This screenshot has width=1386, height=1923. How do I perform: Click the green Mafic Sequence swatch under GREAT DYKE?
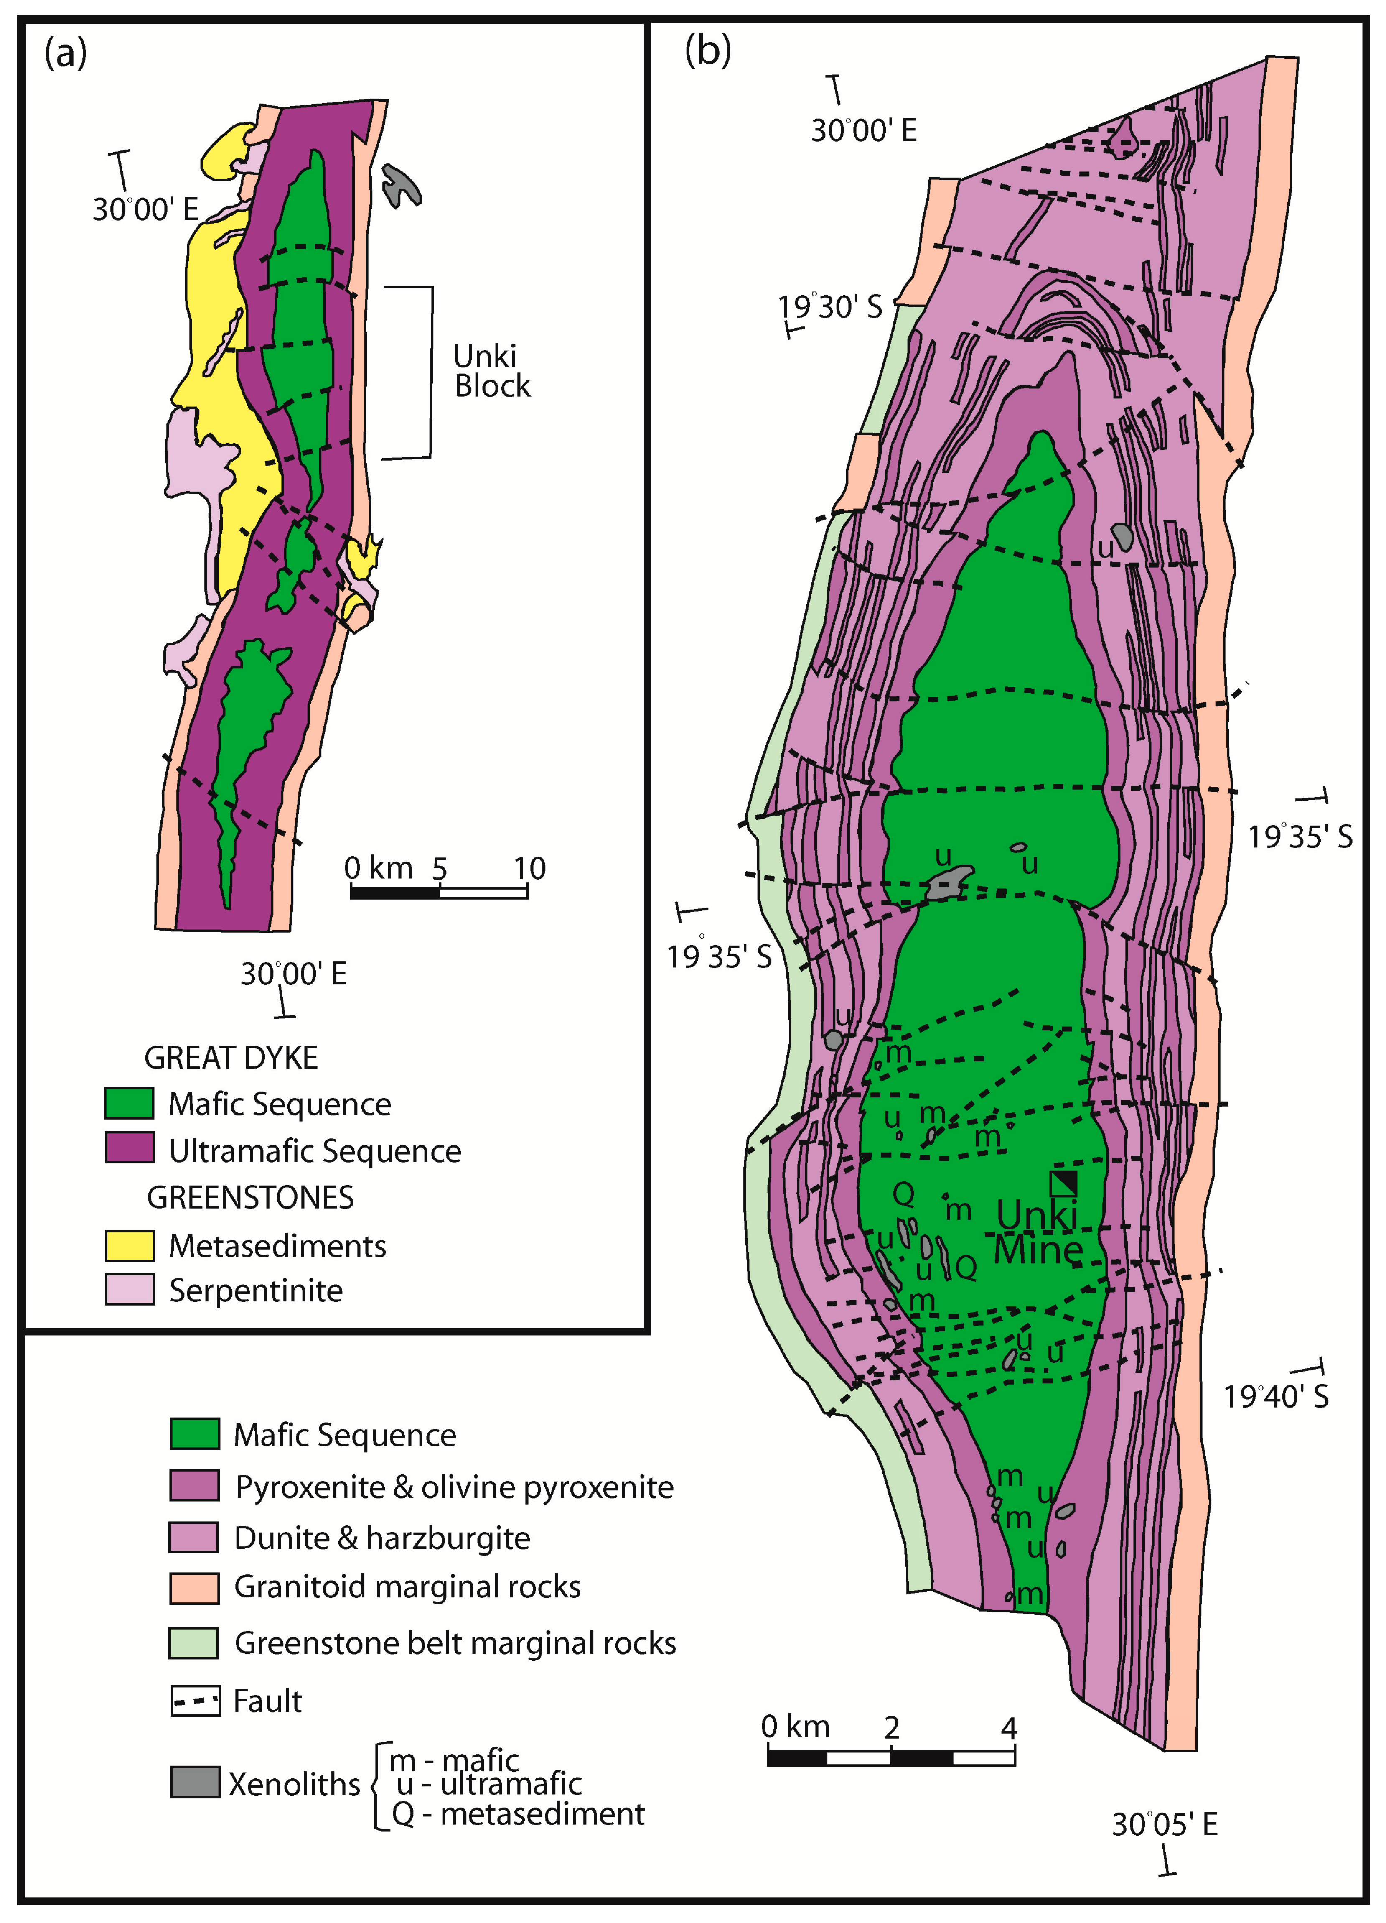(x=129, y=1103)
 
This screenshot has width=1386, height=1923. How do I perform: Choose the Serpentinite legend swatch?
(x=129, y=1290)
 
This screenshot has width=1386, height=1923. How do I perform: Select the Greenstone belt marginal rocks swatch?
(x=194, y=1642)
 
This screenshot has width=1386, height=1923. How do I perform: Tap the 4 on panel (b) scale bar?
(x=1009, y=1727)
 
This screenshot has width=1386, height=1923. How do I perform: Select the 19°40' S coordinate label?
(x=1276, y=1395)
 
